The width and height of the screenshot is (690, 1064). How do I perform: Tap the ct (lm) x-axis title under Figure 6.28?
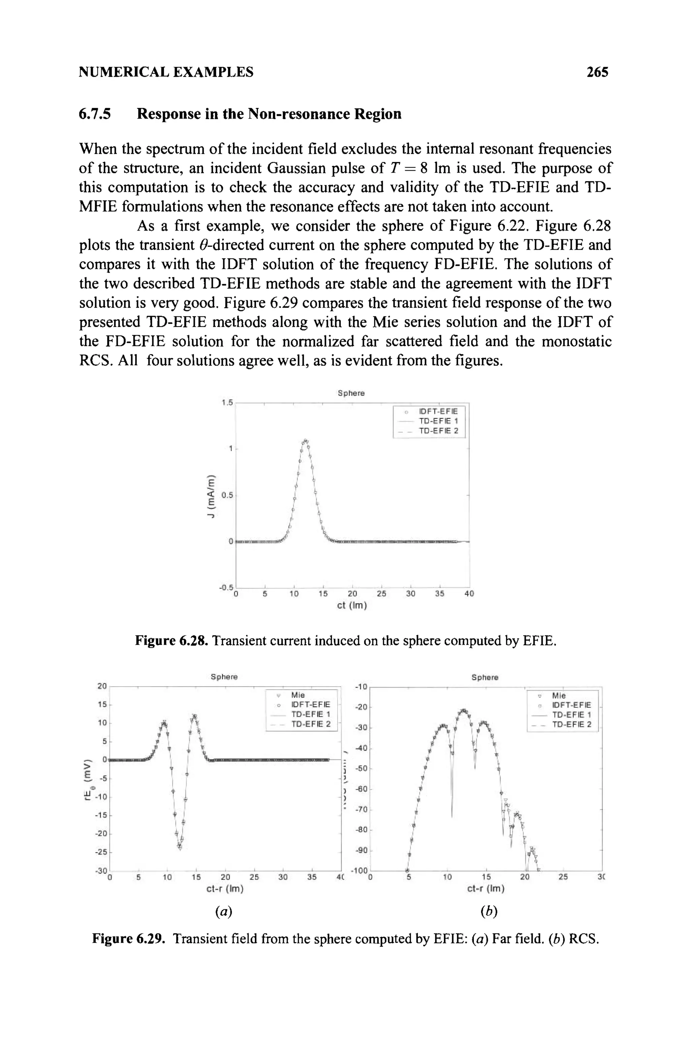point(351,607)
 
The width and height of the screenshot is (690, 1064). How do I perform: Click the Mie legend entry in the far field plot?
point(297,695)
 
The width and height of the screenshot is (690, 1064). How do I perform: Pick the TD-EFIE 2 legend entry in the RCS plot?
point(571,724)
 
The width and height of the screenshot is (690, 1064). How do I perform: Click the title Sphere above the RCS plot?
point(485,677)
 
